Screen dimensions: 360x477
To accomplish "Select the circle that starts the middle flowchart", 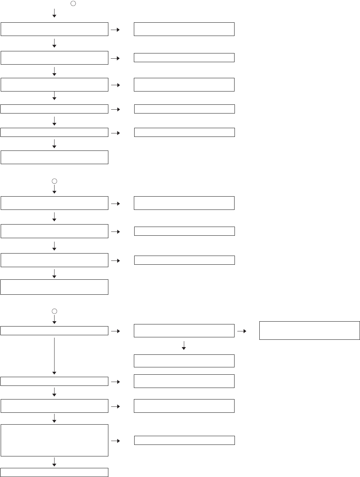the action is [x=54, y=181].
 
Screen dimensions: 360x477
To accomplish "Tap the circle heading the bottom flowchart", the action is [x=54, y=311].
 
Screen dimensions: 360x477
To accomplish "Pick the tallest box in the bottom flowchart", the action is [x=55, y=440].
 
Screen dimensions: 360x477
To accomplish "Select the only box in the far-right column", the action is [x=309, y=331].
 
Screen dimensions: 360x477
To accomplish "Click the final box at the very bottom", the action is [x=55, y=472].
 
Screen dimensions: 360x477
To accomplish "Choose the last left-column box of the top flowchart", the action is [x=55, y=157].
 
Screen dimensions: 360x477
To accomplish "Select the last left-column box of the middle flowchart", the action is [x=55, y=287].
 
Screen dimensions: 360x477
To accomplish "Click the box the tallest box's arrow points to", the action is [x=184, y=440].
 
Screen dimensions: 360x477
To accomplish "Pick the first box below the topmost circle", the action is [x=55, y=29].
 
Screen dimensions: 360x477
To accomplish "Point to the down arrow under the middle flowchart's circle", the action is [x=54, y=189].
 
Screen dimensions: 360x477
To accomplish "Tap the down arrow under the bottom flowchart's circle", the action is [x=54, y=320].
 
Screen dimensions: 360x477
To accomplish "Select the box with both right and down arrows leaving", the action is [x=184, y=331].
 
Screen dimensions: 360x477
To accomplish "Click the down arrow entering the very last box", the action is [x=54, y=462].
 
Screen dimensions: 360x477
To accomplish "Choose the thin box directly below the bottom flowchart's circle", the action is [x=55, y=331].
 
